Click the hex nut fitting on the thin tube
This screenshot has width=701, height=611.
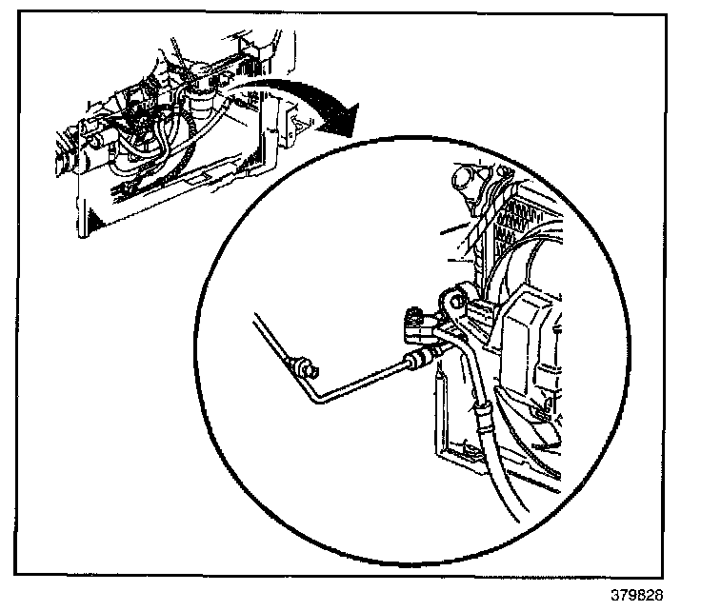coord(418,360)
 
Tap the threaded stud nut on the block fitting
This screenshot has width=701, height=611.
coord(413,313)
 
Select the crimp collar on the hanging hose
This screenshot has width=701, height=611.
coord(483,415)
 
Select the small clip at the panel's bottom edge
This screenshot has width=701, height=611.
coord(541,411)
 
